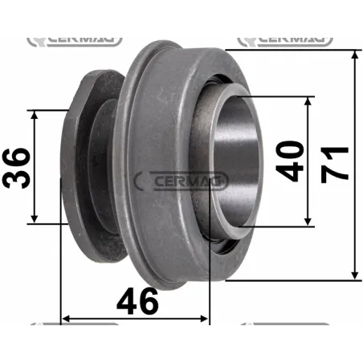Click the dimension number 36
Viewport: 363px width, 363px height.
tap(18, 167)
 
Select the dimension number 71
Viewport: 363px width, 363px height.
tap(334, 165)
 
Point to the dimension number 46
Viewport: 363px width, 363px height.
tap(137, 301)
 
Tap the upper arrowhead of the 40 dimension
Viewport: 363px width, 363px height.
tap(308, 102)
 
